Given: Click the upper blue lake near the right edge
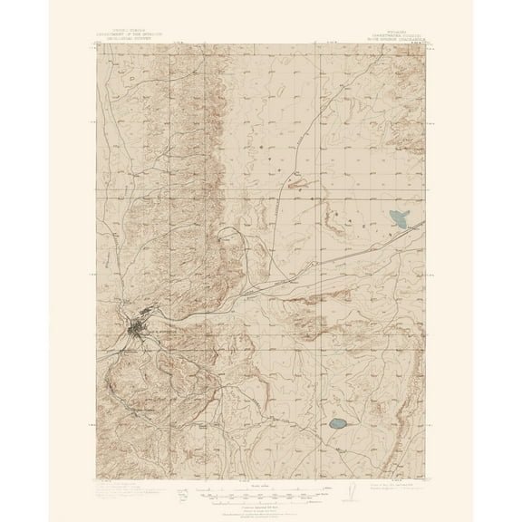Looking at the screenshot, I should tap(396, 218).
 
